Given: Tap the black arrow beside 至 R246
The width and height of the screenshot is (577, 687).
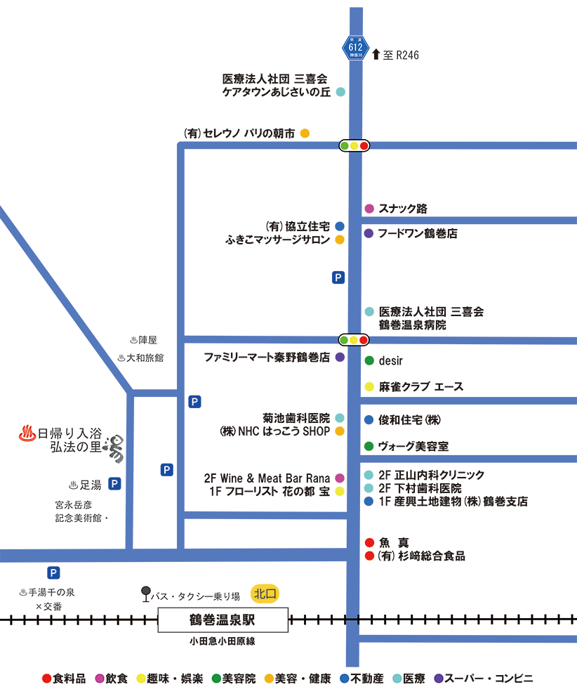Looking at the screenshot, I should pos(376,54).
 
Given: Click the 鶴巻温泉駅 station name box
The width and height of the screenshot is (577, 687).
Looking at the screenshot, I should pos(223,621).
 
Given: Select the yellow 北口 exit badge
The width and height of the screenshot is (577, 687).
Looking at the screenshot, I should pos(266,594).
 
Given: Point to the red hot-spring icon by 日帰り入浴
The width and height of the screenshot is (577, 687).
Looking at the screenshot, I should pos(27,433).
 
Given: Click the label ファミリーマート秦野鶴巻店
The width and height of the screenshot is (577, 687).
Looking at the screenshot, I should pos(267,357).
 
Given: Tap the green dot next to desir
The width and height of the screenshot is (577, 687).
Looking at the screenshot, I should pos(369,361).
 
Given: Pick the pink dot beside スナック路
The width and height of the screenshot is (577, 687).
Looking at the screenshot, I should pos(369,209).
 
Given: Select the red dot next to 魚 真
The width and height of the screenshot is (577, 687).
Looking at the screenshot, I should pos(369,542).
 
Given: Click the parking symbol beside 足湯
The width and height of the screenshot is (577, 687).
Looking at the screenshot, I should pos(114,483).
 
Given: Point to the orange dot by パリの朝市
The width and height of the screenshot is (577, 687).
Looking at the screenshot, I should pos(305,133).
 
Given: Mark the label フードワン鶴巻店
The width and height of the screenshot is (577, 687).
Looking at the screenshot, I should pos(418,233).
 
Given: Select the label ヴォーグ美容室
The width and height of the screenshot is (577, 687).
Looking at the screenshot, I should pos(413,446).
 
